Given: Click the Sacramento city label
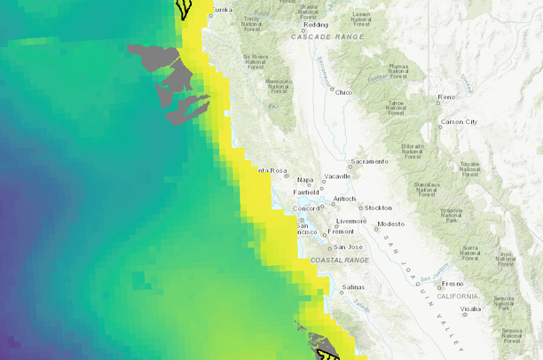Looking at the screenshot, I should (x=371, y=161).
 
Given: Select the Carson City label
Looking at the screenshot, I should (x=459, y=121).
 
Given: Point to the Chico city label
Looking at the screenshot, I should (x=344, y=92).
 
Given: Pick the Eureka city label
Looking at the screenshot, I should (x=223, y=10).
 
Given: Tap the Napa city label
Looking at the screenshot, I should (x=305, y=180).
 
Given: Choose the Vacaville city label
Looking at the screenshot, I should (x=338, y=176).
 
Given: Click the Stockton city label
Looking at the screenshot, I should (x=377, y=207).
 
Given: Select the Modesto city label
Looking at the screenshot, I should (x=390, y=224).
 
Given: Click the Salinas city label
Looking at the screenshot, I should (x=354, y=287).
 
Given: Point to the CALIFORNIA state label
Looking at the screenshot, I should (x=457, y=295).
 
